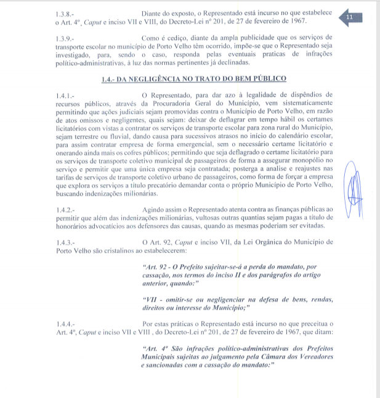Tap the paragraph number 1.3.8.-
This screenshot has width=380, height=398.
[65, 13]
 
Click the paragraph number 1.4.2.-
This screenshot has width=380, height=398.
[65, 210]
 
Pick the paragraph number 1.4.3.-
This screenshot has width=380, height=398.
[65, 243]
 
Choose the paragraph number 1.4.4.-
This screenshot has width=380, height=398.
[65, 323]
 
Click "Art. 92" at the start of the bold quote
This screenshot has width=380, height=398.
[155, 267]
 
